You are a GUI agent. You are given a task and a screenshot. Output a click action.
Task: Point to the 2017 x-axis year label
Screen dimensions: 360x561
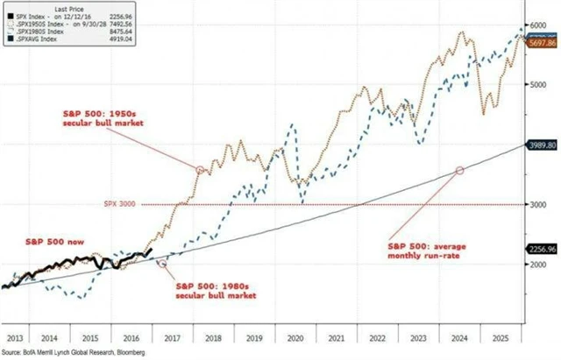pyautogui.click(x=172, y=335)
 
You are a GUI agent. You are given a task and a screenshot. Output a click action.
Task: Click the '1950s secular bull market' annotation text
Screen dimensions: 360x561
pyautogui.click(x=101, y=120)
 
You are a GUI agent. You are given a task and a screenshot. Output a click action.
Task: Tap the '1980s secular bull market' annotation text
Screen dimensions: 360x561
pyautogui.click(x=216, y=290)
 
